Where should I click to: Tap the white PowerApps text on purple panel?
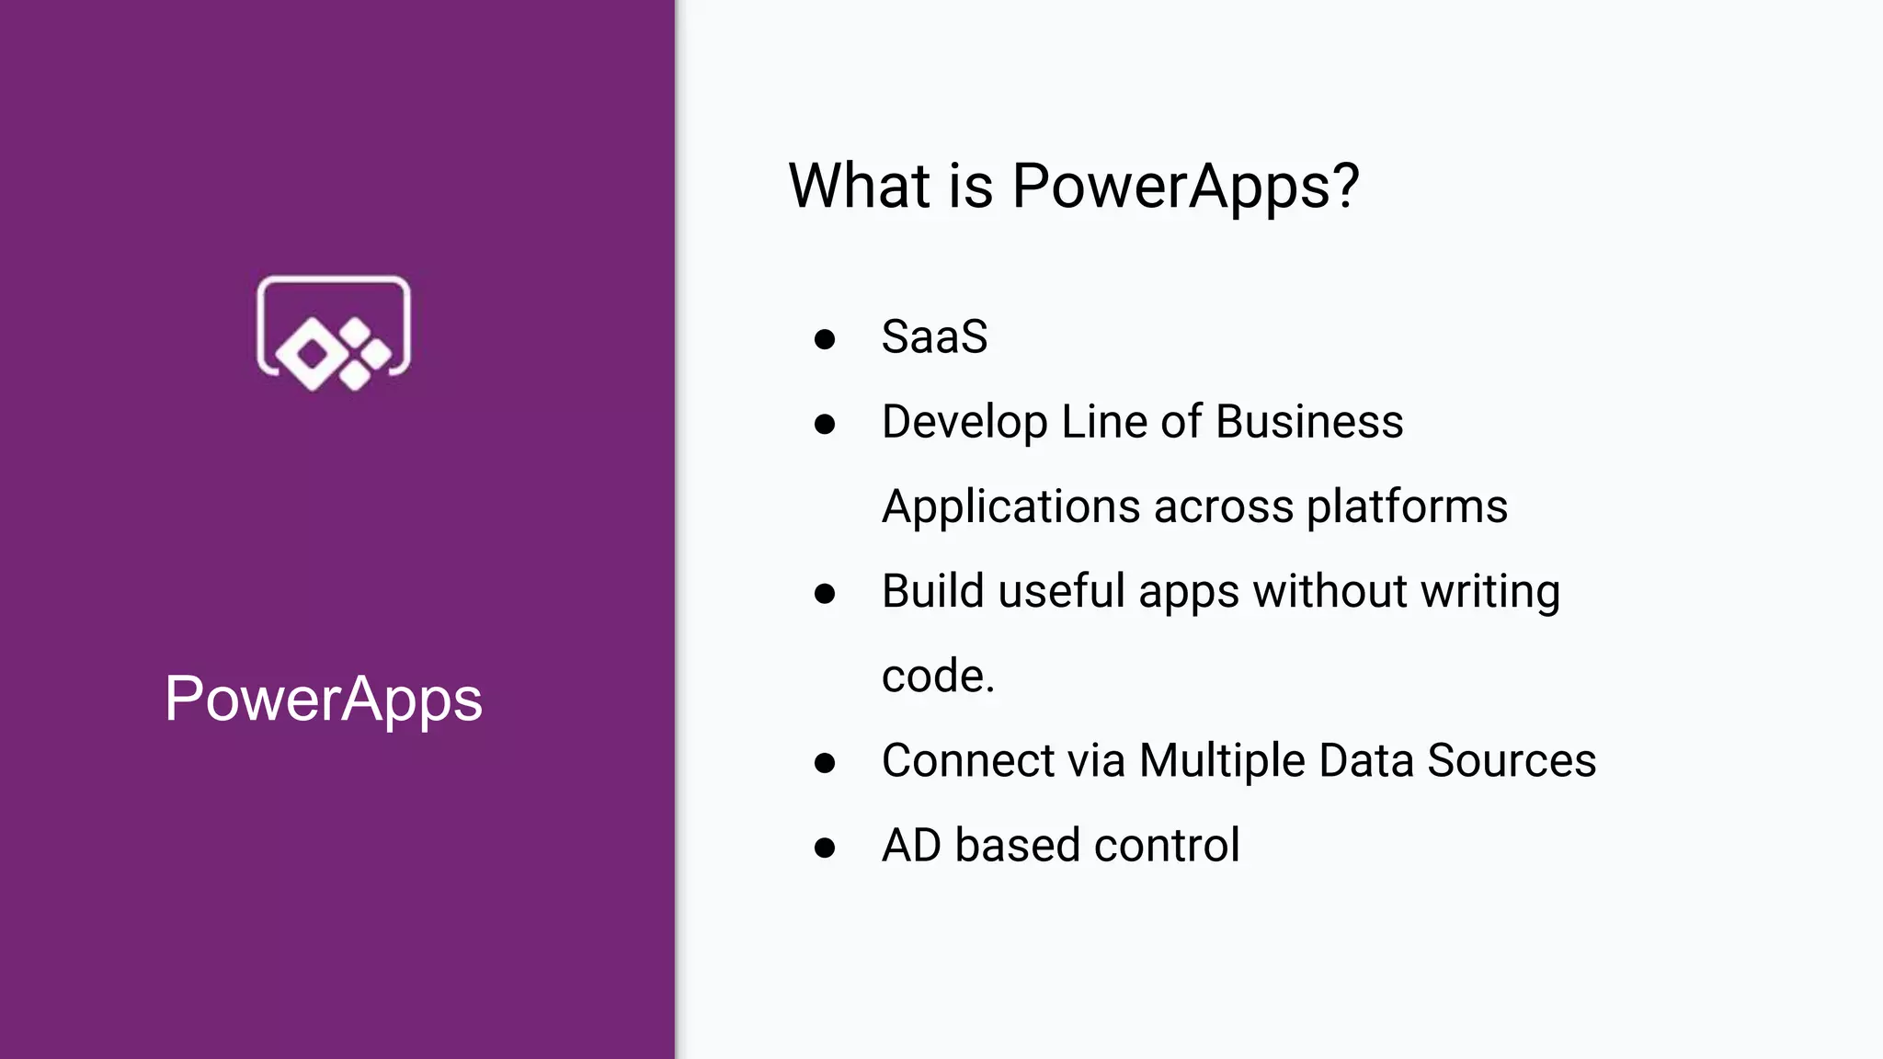[323, 699]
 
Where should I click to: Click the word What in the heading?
[859, 186]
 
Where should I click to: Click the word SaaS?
[934, 336]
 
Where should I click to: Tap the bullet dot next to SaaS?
[825, 339]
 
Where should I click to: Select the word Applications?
[1010, 507]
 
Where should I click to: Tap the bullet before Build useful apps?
[825, 594]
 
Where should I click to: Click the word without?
[1330, 591]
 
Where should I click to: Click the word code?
[937, 677]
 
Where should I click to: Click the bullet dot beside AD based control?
[825, 848]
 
